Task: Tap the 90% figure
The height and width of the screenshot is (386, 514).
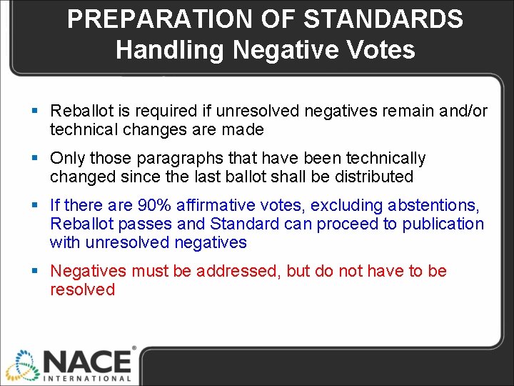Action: click(x=155, y=205)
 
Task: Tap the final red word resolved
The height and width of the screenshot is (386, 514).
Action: click(x=82, y=289)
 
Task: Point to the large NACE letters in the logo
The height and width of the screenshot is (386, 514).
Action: click(x=87, y=359)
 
